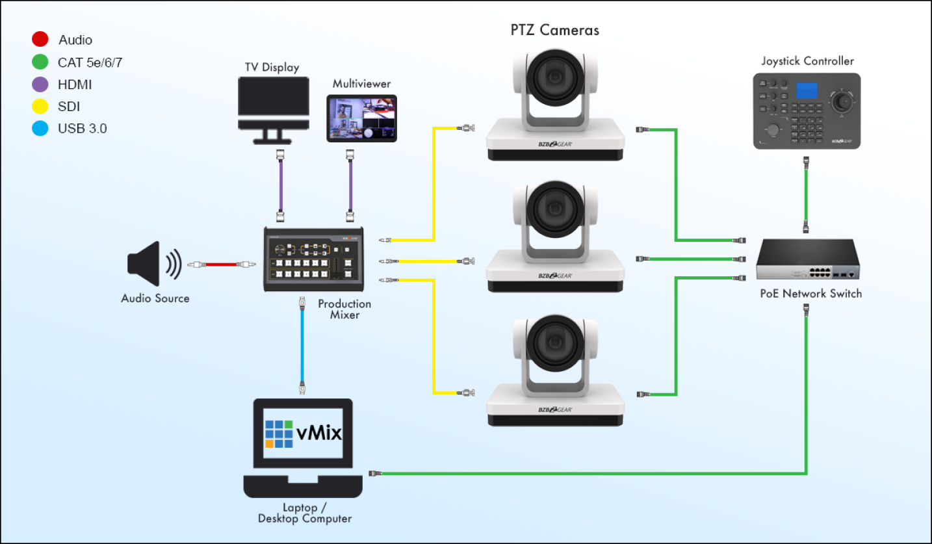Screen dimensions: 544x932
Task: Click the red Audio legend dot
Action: click(40, 40)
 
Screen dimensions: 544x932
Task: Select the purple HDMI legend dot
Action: click(40, 84)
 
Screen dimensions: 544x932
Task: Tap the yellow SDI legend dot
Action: click(40, 107)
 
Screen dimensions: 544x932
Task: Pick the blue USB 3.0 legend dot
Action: click(40, 129)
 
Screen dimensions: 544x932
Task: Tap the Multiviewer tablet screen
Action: click(361, 118)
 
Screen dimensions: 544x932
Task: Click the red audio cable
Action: click(221, 265)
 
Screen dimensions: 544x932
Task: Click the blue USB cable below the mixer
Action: click(302, 344)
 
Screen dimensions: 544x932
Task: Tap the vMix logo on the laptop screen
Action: click(303, 432)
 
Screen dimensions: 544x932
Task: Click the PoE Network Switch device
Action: click(809, 260)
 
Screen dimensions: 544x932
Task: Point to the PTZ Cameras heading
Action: click(554, 30)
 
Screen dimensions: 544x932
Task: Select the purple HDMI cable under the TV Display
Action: click(280, 185)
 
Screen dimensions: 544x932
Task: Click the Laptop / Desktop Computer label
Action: click(304, 513)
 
